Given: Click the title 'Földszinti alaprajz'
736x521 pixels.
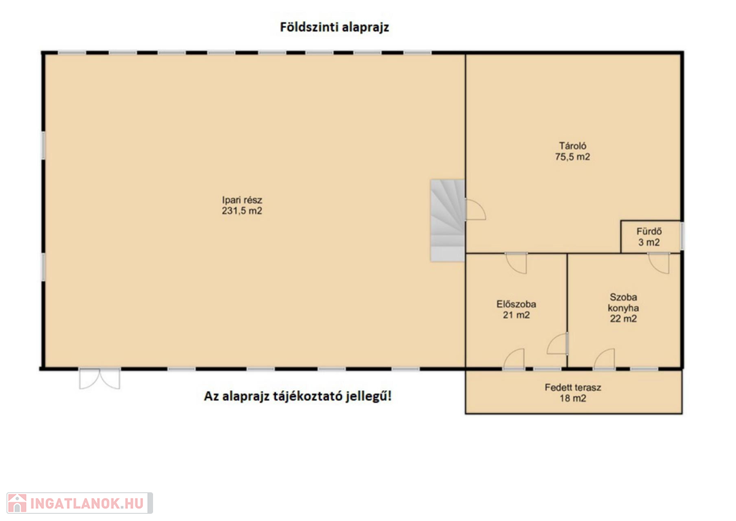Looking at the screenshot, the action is click(334, 27).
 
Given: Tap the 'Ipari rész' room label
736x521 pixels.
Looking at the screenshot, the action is click(242, 200).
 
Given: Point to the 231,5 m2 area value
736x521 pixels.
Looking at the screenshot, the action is click(242, 211).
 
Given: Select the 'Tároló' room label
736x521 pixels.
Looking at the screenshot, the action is click(573, 146).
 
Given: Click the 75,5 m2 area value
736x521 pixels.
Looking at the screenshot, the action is click(573, 157).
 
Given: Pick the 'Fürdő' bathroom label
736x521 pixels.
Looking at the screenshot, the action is click(649, 231).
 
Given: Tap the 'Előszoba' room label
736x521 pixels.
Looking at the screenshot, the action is click(516, 304).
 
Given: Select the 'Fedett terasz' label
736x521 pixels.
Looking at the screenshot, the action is click(573, 388).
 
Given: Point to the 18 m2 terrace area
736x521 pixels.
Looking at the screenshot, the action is click(573, 399).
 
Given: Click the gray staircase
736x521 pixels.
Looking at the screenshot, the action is click(448, 220).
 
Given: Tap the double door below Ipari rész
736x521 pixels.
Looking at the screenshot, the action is click(99, 379).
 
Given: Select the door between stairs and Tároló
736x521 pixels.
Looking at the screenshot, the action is click(475, 209).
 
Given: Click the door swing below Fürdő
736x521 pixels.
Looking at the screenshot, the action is click(658, 263).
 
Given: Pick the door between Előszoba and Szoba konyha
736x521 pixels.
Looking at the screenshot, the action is click(558, 344).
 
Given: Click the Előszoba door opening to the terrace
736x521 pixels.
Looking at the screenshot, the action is click(514, 359).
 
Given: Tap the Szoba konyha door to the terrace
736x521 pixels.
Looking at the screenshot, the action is click(604, 359).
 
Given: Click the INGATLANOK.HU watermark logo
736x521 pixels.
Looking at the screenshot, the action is click(80, 503).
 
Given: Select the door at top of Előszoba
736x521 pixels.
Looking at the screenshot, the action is click(516, 263).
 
